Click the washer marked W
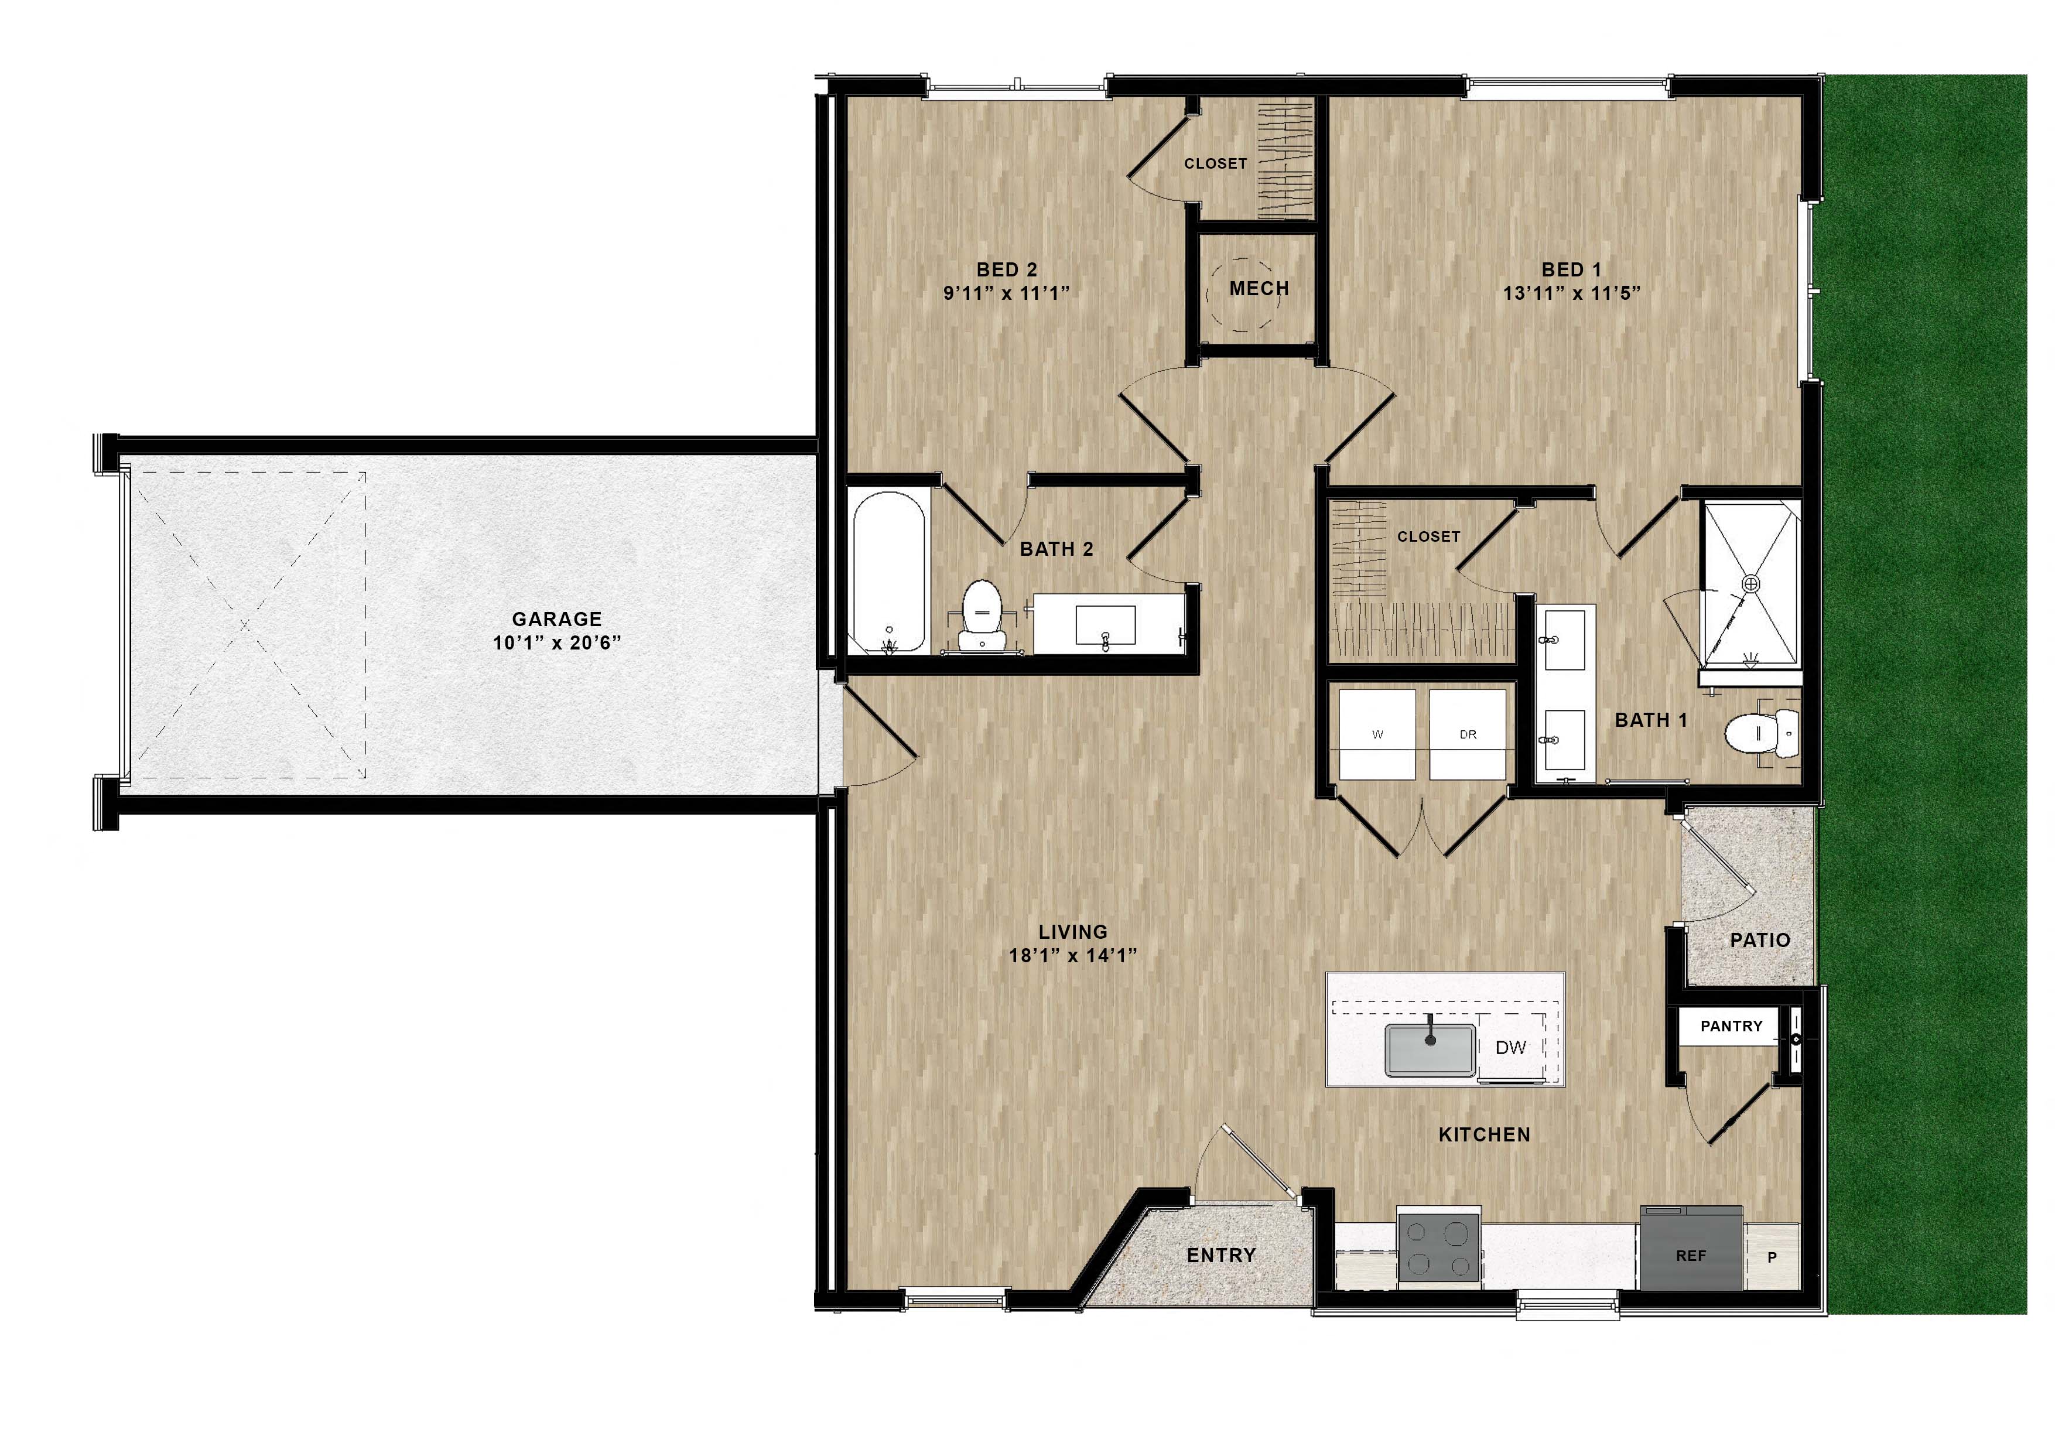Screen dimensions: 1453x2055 click(x=1377, y=734)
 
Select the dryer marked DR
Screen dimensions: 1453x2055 click(x=1468, y=734)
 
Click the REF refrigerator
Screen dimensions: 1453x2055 click(x=1691, y=1255)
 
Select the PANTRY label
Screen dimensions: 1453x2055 click(x=1731, y=1026)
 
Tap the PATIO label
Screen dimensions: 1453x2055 click(x=1760, y=940)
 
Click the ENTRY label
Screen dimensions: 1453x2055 click(x=1221, y=1255)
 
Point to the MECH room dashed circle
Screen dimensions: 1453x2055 click(x=1242, y=295)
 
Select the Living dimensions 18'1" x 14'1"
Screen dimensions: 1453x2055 click(x=1072, y=955)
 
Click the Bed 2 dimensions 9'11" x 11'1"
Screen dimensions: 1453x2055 click(x=1006, y=293)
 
